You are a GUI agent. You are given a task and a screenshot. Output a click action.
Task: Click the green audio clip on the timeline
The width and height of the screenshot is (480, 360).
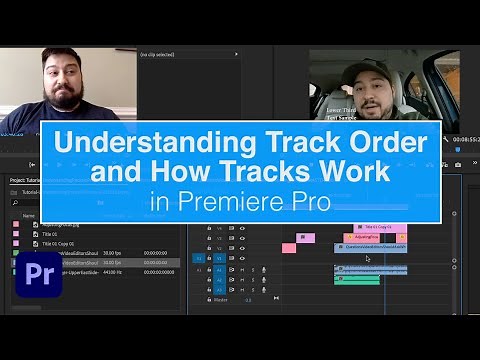pos(356,280)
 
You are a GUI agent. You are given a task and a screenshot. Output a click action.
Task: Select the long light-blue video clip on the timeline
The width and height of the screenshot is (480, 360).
pos(370,248)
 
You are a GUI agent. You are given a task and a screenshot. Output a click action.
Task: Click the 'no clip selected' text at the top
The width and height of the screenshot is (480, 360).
pos(159,54)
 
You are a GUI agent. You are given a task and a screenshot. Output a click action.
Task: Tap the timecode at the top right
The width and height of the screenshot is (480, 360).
pos(465,139)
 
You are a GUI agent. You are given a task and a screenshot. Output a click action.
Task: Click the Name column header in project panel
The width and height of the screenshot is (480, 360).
pos(29,215)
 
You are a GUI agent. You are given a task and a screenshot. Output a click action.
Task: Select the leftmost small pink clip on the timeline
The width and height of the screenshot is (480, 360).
pos(288,247)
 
